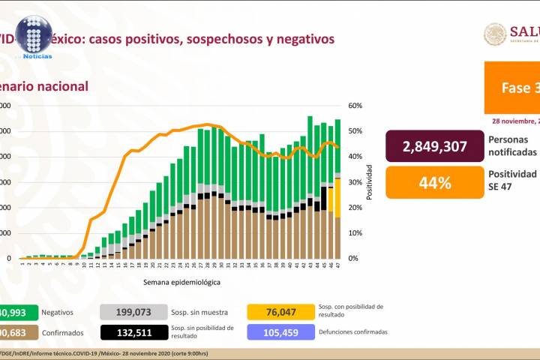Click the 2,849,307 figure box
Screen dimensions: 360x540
(433, 145)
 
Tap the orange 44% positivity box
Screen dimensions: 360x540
(433, 182)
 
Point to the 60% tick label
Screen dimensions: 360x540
(355, 106)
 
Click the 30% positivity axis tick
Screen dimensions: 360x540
(355, 182)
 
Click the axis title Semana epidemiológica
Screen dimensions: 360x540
(182, 282)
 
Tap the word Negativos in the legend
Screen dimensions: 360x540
(58, 311)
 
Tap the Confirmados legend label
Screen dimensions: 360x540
(61, 331)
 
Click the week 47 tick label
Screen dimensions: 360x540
(338, 265)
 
